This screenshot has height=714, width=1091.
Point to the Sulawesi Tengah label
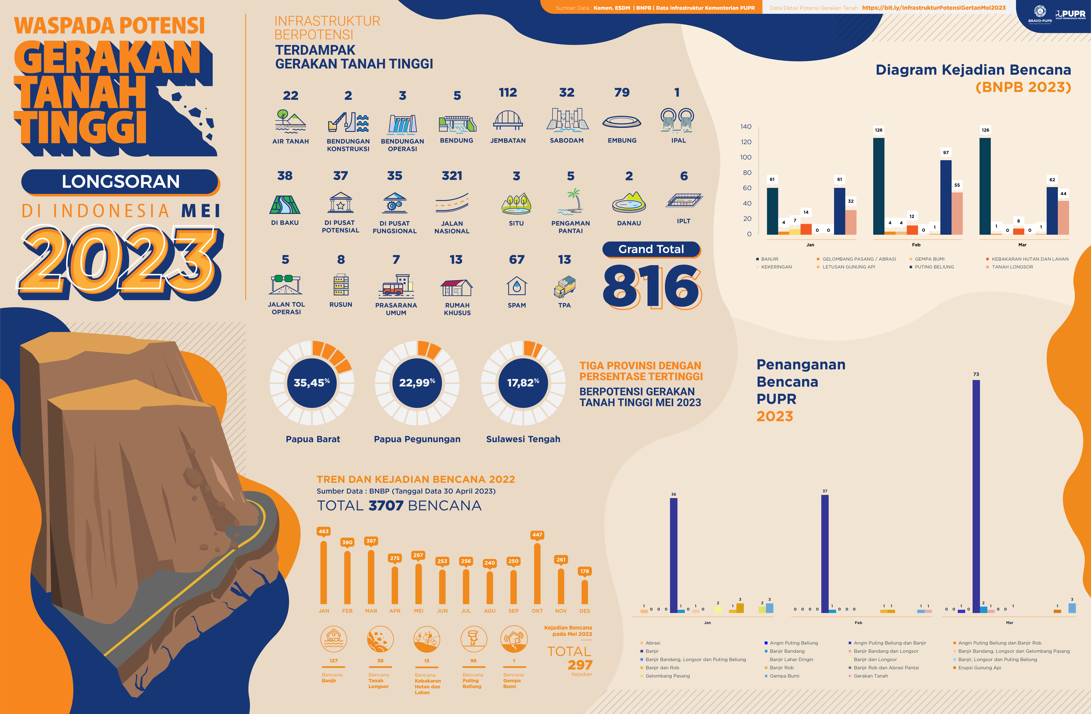[x=523, y=439]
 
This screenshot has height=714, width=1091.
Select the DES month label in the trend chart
[x=585, y=611]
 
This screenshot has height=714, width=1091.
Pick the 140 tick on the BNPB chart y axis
[x=746, y=127]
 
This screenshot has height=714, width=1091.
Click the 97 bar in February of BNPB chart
[x=946, y=197]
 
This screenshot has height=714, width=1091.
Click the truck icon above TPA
[x=564, y=287]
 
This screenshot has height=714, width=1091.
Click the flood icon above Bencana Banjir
[x=334, y=639]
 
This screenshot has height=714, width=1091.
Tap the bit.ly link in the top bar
[x=934, y=8]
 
